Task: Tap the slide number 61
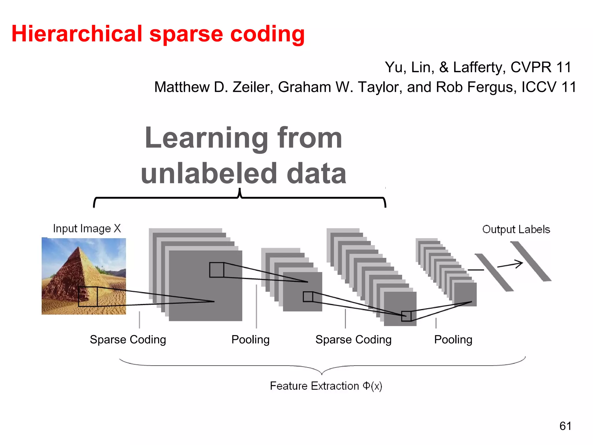pos(565,426)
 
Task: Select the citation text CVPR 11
pos(541,67)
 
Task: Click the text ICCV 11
pos(549,87)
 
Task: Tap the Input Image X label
pos(87,229)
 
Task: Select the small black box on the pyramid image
pos(88,297)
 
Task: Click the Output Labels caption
pos(516,229)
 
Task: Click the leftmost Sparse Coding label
pos(128,340)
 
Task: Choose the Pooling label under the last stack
pos(453,340)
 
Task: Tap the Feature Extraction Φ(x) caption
pos(326,386)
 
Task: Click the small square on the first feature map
pos(217,270)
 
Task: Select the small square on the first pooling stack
pos(308,297)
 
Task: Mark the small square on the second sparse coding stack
pos(406,316)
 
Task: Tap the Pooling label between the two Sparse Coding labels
pos(250,340)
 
